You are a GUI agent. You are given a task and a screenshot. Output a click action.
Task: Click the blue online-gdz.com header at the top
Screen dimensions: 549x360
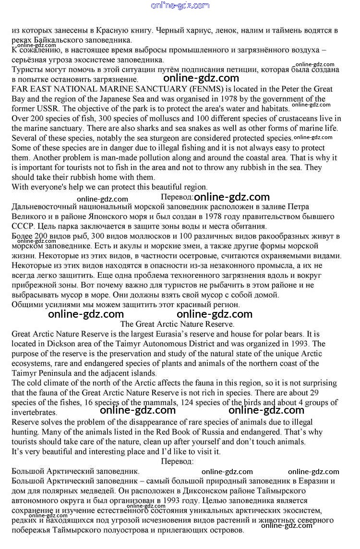(180, 6)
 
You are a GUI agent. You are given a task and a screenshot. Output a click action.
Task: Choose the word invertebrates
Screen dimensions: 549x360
(34, 412)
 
